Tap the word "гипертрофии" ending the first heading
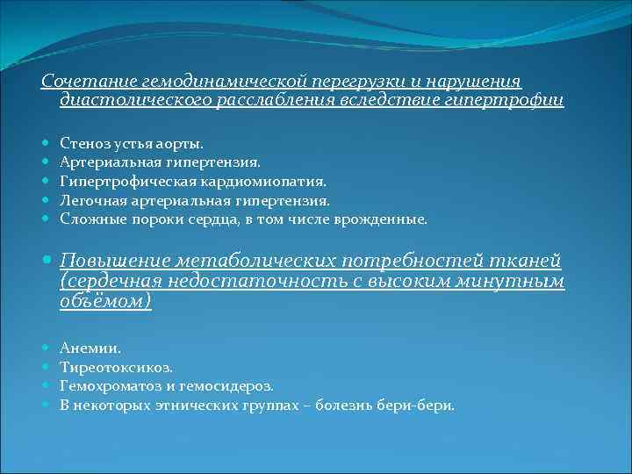click(513, 101)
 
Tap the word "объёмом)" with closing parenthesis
click(105, 300)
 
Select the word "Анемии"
click(84, 348)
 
